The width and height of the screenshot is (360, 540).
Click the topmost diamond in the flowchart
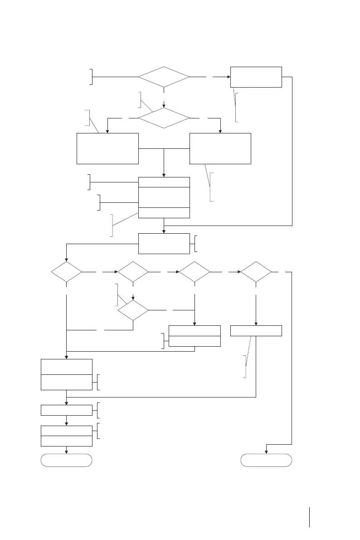(x=164, y=77)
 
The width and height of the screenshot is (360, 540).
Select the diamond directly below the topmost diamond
(x=164, y=118)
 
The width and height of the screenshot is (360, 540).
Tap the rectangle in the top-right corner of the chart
(x=256, y=77)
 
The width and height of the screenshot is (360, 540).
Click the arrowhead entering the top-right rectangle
(x=228, y=77)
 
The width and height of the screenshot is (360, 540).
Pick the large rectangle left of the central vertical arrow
(x=107, y=148)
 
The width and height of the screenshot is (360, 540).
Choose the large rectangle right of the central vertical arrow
(x=220, y=148)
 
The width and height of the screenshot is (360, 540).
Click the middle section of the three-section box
(x=164, y=197)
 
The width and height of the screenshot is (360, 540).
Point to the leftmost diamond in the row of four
(x=67, y=272)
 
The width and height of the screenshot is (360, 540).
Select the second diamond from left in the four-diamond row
(x=133, y=272)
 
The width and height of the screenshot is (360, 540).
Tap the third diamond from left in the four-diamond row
(x=195, y=272)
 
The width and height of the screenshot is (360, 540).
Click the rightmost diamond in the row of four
(x=256, y=272)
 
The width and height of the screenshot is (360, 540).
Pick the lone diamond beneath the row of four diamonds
(x=133, y=310)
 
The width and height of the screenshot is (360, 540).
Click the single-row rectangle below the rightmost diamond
(x=256, y=331)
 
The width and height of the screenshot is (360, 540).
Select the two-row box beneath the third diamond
(x=195, y=336)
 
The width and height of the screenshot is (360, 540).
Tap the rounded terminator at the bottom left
(x=67, y=460)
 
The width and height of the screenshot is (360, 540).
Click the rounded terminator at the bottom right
(x=266, y=460)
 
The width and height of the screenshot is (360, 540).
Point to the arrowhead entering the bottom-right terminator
(x=266, y=452)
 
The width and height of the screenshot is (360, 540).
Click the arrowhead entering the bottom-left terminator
(x=67, y=452)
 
